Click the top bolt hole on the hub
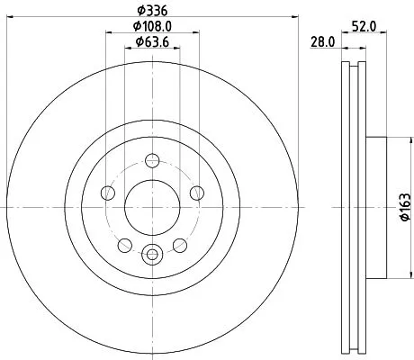coord(151,162)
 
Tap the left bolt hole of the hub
coord(109,192)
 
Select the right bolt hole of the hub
coord(193,192)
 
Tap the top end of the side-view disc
coord(354,66)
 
